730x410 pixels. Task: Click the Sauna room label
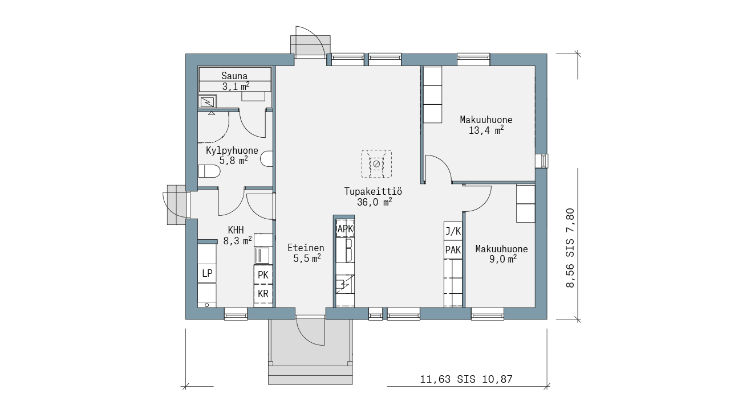tap(234, 76)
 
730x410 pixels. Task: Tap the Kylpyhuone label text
tap(232, 151)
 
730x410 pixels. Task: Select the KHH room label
tap(236, 231)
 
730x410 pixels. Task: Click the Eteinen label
tap(306, 248)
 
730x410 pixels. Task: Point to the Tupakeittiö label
tap(373, 191)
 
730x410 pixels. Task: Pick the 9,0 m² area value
tap(503, 259)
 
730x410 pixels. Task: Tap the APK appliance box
tap(345, 229)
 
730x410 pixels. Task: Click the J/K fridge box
tap(453, 231)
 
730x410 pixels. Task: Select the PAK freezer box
tap(453, 250)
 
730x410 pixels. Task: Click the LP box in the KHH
tap(207, 273)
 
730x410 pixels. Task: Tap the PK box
tap(263, 275)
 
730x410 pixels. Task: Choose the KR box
tap(263, 294)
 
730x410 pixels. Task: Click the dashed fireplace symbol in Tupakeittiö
tap(376, 164)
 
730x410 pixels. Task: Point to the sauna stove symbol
tap(207, 102)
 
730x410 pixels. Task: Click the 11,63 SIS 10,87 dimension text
tap(467, 379)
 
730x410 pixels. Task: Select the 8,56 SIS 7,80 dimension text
tap(570, 248)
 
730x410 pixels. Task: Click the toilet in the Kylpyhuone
tap(209, 171)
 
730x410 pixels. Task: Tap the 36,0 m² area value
tap(375, 202)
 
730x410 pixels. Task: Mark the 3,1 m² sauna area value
tap(236, 87)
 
